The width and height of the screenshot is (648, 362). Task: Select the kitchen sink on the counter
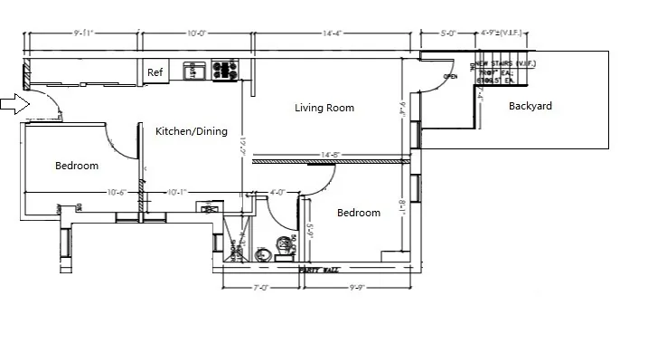point(193,69)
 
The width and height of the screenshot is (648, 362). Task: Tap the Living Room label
point(324,108)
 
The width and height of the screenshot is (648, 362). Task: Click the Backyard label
point(530,106)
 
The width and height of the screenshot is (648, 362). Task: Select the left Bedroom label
point(77,166)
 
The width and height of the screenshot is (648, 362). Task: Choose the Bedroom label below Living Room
point(359,214)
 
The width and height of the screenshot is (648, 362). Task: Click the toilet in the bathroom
point(286,243)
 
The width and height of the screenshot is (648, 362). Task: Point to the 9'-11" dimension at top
point(82,33)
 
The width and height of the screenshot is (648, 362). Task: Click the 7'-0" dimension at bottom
point(261,289)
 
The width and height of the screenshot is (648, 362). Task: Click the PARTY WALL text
point(318,270)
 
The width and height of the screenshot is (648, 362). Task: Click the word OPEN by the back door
point(450,78)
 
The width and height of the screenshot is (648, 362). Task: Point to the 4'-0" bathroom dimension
point(278,192)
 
